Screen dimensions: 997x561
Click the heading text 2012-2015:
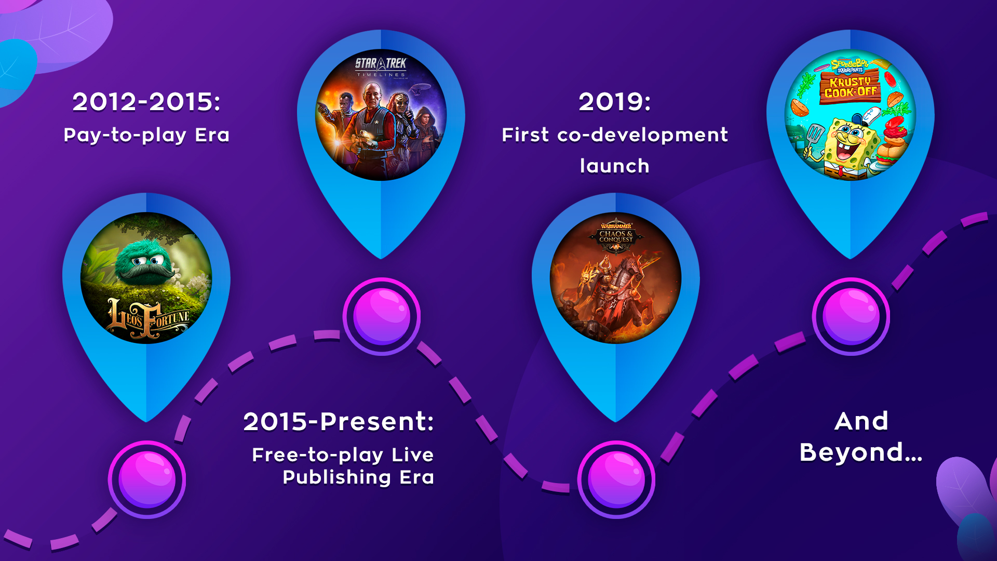pos(146,102)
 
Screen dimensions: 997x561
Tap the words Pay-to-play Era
pos(146,135)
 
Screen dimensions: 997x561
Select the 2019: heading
pos(615,102)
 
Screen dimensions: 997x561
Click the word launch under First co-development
pos(615,166)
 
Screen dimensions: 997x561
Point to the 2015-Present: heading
pos(339,421)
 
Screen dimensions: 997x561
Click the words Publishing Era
pos(358,477)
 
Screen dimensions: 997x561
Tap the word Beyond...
pos(861,452)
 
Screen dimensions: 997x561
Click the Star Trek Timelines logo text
pos(381,67)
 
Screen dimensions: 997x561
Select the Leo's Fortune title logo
pos(149,318)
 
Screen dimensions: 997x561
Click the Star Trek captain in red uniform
pos(378,125)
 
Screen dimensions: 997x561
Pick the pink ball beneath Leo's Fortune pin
pos(147,479)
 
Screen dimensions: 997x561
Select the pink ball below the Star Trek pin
pos(382,316)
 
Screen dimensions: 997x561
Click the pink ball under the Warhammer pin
pos(616,479)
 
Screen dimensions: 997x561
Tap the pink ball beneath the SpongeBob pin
pos(851,316)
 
